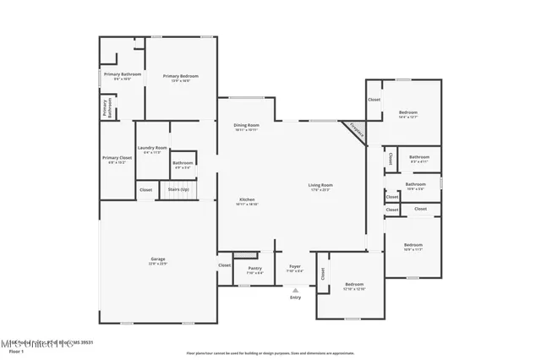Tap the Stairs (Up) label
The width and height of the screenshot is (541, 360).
tap(178, 190)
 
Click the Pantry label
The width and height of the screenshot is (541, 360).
tap(254, 270)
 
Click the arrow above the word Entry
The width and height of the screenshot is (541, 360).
tap(295, 289)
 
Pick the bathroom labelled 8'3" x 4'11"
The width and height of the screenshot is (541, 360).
tap(419, 158)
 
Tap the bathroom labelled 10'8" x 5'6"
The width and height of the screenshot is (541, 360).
tap(415, 185)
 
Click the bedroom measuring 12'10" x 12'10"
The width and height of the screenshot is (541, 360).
tap(353, 286)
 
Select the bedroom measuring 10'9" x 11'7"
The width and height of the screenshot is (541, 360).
tap(413, 247)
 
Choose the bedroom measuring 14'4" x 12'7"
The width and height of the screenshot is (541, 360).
tap(408, 113)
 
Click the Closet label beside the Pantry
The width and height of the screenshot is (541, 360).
tap(224, 265)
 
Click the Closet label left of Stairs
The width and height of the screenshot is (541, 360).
tap(146, 190)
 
